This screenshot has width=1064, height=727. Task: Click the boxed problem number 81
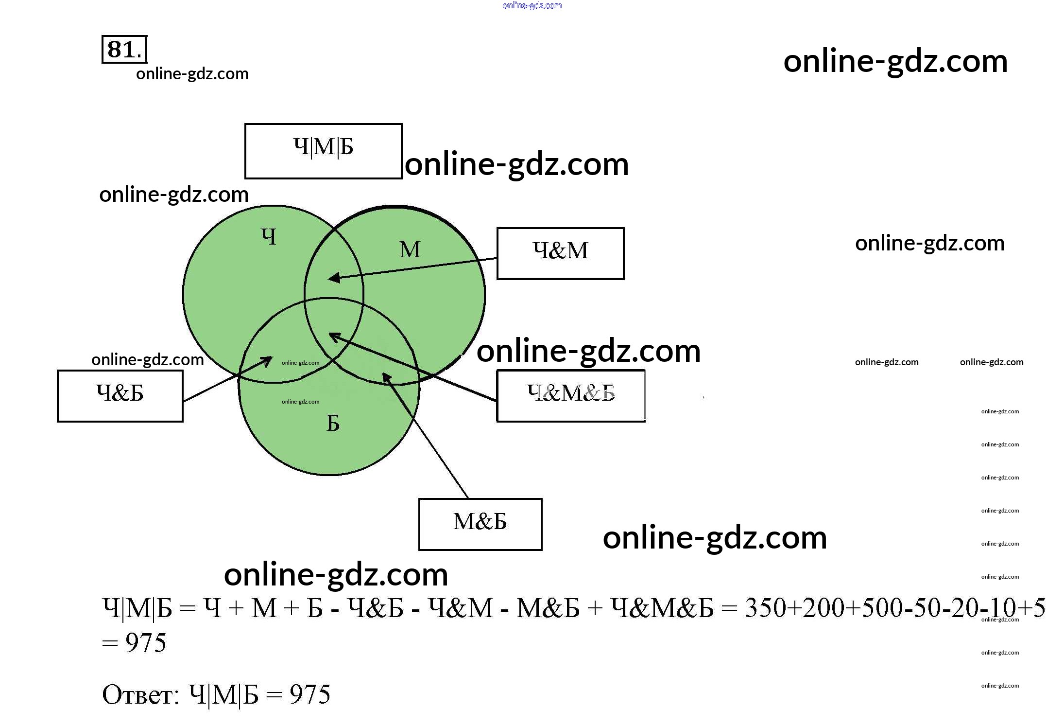pos(124,49)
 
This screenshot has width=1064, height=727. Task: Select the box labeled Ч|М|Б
pos(323,151)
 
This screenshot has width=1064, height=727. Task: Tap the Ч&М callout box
pos(560,253)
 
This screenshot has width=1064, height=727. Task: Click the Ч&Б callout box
pos(120,396)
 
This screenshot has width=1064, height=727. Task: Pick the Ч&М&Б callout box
pos(571,396)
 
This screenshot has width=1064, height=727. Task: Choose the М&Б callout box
pos(480,524)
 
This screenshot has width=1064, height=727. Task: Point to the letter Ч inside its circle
pos(269,237)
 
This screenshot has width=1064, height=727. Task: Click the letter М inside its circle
pos(410,250)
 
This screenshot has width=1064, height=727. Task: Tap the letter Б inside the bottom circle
pos(333,424)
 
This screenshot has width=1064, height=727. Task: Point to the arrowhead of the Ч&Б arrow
pos(268,360)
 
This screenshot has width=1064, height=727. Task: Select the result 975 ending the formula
pos(146,643)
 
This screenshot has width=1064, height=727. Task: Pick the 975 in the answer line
pos(310,694)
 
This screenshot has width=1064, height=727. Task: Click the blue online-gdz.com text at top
pos(532,5)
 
